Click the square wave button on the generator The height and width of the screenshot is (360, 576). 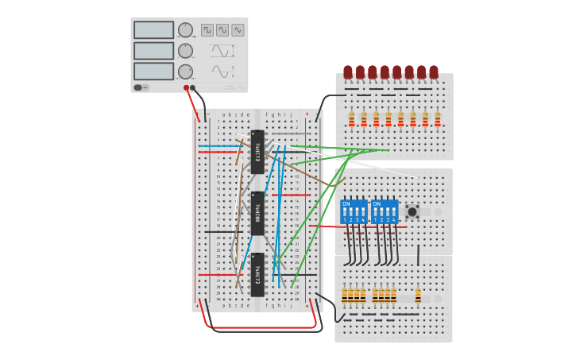coord(207,29)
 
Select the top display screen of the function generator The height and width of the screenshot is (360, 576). coord(153,30)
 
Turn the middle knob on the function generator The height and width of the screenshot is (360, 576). coord(185,51)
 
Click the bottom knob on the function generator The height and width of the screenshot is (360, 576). coord(185,72)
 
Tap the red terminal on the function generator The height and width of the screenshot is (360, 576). coord(187,87)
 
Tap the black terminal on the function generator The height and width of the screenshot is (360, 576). coord(193,87)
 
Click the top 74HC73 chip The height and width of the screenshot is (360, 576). coord(257,151)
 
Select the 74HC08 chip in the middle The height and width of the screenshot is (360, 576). coord(257,213)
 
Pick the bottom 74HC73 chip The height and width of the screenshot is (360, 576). coord(257,274)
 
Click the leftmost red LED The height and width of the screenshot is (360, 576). coord(348,72)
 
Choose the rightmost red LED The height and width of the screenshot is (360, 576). coord(434,72)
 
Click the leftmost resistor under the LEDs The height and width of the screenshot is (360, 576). coord(351,119)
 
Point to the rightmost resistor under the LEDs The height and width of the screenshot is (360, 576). coord(437,119)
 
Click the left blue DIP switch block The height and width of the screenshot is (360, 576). coord(354,212)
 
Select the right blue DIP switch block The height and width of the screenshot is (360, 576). coord(385,212)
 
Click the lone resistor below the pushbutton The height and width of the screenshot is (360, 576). coord(418,296)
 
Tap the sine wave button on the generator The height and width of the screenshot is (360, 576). coord(238,29)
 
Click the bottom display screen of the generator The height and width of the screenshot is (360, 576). coord(153,72)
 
